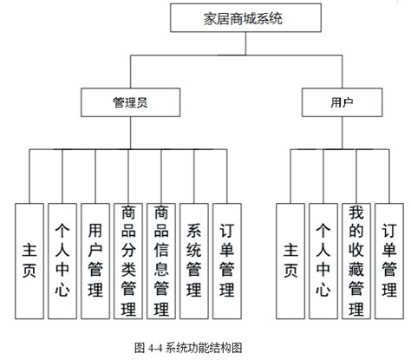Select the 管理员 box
tap(129, 102)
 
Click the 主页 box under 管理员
tap(29, 260)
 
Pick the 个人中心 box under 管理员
tap(62, 260)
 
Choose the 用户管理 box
tap(95, 260)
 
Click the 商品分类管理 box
tap(128, 260)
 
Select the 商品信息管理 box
tap(161, 260)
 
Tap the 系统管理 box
tap(194, 260)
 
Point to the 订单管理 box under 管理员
tap(227, 260)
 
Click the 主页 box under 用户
tap(290, 260)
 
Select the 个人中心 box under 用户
tap(323, 260)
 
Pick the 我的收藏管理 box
tap(356, 260)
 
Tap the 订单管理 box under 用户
tap(388, 260)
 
